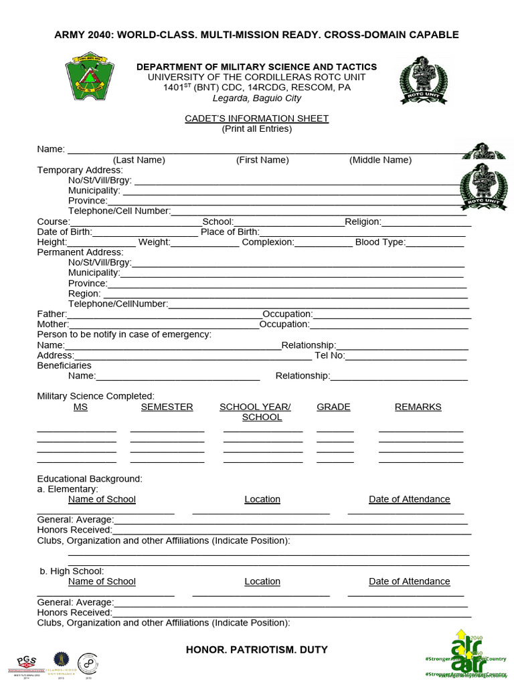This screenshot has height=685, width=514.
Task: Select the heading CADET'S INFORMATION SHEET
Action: point(256,118)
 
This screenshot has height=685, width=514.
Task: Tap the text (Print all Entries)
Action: point(256,128)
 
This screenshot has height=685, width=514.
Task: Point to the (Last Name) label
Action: point(139,160)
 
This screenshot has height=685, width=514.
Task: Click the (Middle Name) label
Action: point(380,160)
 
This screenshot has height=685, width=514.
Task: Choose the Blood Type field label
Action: point(380,242)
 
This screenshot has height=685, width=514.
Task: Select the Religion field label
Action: point(363,221)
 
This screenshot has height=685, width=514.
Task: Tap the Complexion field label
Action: point(268,242)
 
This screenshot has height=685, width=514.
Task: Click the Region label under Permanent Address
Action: point(84,293)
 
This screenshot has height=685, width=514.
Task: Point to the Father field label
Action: point(52,314)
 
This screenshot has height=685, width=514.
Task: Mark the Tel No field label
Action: point(329,355)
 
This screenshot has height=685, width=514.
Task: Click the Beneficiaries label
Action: point(64,365)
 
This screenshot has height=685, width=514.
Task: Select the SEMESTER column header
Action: point(167,407)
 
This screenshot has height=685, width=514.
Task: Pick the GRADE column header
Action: point(333,407)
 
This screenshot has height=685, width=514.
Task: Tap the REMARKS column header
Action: point(418,407)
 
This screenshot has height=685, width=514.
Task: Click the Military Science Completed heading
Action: point(96,396)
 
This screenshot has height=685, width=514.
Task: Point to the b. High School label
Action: point(72,571)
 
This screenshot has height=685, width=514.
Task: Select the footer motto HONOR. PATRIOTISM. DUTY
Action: point(256,650)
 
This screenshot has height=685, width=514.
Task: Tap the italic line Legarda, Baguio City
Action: point(256,98)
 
